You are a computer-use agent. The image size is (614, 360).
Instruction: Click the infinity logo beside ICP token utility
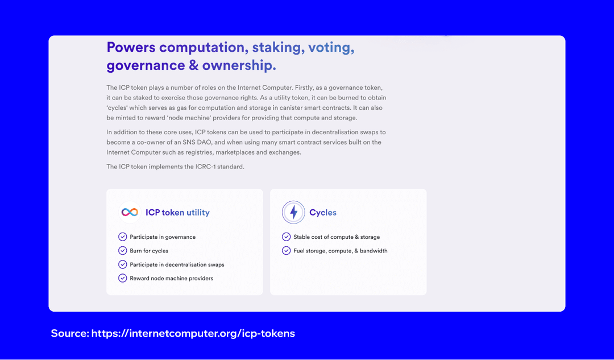(130, 212)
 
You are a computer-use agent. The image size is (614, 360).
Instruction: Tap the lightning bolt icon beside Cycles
(293, 212)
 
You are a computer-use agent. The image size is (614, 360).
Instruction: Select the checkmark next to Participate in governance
(122, 237)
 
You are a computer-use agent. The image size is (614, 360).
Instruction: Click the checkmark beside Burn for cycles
(122, 250)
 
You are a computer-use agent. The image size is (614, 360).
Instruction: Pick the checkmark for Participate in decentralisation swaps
(122, 264)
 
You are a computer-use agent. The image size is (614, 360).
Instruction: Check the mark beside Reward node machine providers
(122, 278)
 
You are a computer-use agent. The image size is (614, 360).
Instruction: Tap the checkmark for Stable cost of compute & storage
(286, 237)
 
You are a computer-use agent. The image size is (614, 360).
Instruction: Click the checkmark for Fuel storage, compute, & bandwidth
(286, 250)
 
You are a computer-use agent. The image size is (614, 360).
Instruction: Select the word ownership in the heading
(239, 65)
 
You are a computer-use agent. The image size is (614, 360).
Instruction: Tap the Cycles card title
(323, 213)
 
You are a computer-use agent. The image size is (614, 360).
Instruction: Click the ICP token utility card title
(177, 213)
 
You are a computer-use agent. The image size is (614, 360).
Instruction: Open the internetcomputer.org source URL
(193, 333)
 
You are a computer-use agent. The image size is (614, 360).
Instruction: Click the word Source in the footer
(69, 333)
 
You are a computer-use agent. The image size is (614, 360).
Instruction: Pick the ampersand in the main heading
(193, 65)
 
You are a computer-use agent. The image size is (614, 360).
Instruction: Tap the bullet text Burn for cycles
(149, 251)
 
